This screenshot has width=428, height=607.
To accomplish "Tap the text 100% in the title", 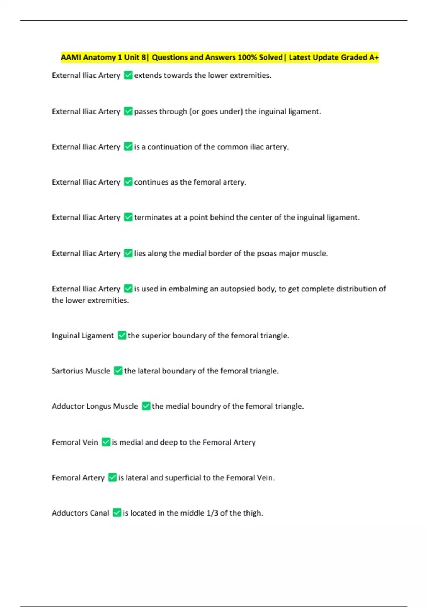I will [x=245, y=57].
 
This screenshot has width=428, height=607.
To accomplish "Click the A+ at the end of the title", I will [x=374, y=57].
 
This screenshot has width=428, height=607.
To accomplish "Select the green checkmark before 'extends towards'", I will [x=128, y=75].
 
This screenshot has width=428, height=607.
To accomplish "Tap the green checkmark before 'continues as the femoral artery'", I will [x=128, y=182].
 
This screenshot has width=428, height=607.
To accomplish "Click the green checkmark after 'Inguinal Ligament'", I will [x=122, y=336].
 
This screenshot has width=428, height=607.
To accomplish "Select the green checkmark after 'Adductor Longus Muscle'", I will [x=146, y=406].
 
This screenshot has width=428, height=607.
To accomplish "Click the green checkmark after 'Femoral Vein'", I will [x=106, y=442].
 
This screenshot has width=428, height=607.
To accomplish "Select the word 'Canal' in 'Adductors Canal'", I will [x=100, y=513].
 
